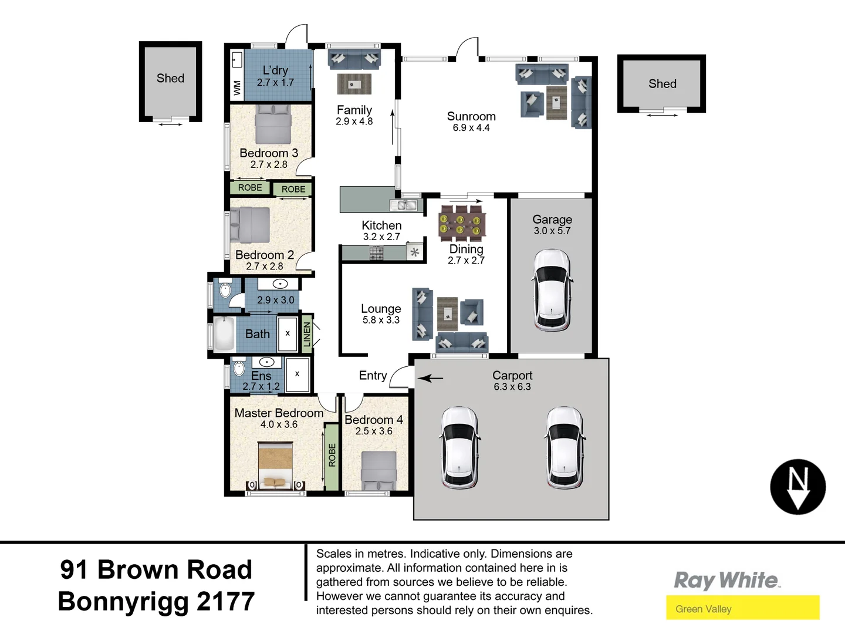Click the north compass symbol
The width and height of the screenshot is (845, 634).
pyautogui.click(x=797, y=487)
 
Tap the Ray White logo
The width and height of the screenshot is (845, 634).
pyautogui.click(x=726, y=580)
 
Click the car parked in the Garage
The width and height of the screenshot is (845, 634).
pyautogui.click(x=552, y=289)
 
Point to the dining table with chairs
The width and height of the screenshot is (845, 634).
pyautogui.click(x=462, y=223)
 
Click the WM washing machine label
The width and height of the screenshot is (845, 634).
pyautogui.click(x=237, y=88)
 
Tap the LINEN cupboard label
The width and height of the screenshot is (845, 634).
pyautogui.click(x=306, y=334)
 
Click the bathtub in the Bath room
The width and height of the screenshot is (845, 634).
pyautogui.click(x=224, y=334)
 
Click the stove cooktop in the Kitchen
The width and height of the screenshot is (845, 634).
pyautogui.click(x=376, y=254)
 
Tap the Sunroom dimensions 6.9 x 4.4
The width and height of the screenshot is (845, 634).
pyautogui.click(x=471, y=128)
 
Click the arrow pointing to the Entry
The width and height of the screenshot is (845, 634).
pyautogui.click(x=431, y=378)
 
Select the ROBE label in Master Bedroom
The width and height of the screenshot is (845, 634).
pyautogui.click(x=332, y=455)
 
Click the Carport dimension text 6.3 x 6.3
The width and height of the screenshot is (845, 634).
pyautogui.click(x=512, y=387)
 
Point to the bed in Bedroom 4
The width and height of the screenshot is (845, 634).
pyautogui.click(x=378, y=470)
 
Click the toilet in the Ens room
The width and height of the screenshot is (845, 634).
pyautogui.click(x=239, y=368)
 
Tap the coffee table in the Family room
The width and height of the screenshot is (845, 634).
pyautogui.click(x=354, y=84)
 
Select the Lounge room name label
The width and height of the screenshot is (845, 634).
pyautogui.click(x=381, y=309)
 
